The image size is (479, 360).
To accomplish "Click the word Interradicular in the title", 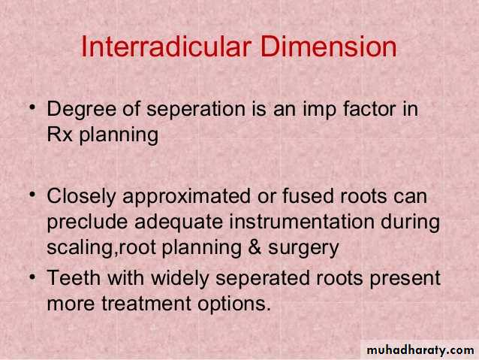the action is click(x=166, y=47).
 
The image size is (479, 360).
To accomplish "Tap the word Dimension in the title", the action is click(x=328, y=47).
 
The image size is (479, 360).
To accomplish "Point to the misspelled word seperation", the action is click(x=196, y=110).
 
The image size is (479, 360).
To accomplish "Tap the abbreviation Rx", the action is click(x=59, y=135).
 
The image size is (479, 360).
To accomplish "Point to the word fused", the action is click(x=308, y=195).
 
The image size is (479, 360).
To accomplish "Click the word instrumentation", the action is click(x=302, y=222).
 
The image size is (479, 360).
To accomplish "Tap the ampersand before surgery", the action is click(x=255, y=247).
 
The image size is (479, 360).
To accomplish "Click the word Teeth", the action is click(x=74, y=278).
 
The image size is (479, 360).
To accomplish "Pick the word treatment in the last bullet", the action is click(x=146, y=304).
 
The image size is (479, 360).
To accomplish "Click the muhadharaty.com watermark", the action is click(x=420, y=350).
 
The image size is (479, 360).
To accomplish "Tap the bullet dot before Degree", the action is click(x=33, y=107).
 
